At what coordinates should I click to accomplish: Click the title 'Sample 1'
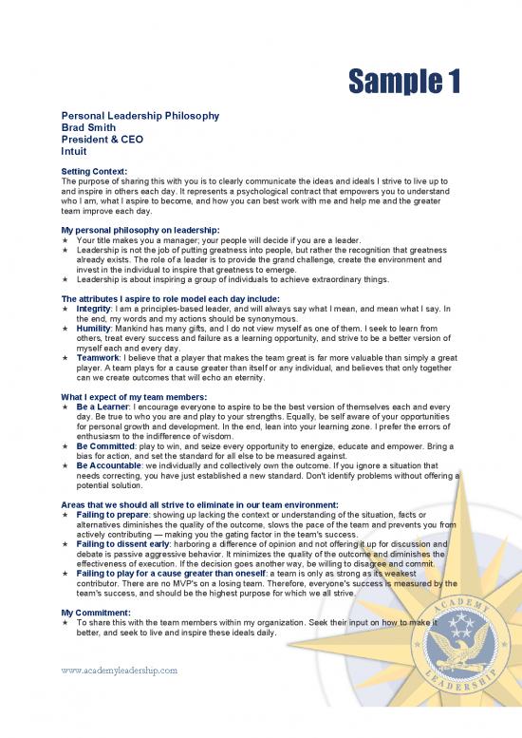tap(402, 83)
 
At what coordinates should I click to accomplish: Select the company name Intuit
tap(74, 150)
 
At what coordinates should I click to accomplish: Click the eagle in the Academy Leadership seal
tap(459, 641)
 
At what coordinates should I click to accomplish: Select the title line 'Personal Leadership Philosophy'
tap(140, 116)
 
